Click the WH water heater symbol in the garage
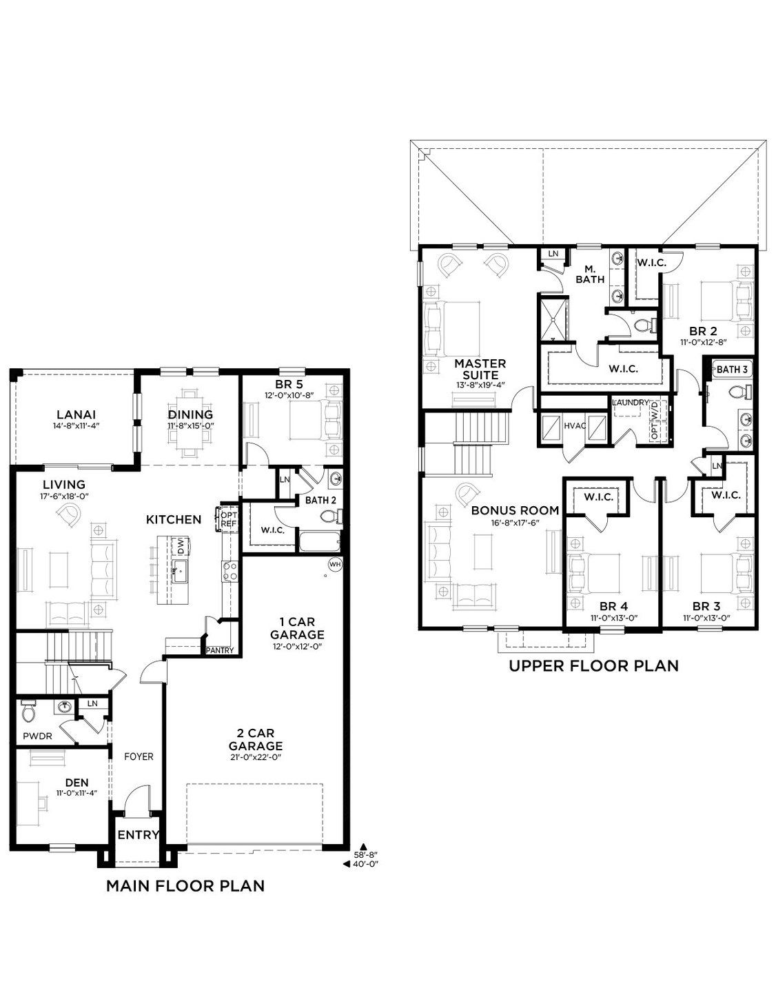pyautogui.click(x=335, y=564)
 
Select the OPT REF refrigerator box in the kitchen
pyautogui.click(x=227, y=519)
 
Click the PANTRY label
pyautogui.click(x=220, y=650)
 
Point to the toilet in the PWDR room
pyautogui.click(x=28, y=712)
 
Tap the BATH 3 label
pyautogui.click(x=732, y=369)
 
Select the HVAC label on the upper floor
pyautogui.click(x=575, y=425)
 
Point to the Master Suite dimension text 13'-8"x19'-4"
pyautogui.click(x=480, y=385)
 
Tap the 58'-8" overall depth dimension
pyautogui.click(x=366, y=853)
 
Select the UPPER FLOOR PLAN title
pyautogui.click(x=594, y=665)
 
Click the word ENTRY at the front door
pyautogui.click(x=139, y=835)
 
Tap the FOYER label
pyautogui.click(x=139, y=756)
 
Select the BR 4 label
pyautogui.click(x=613, y=606)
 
